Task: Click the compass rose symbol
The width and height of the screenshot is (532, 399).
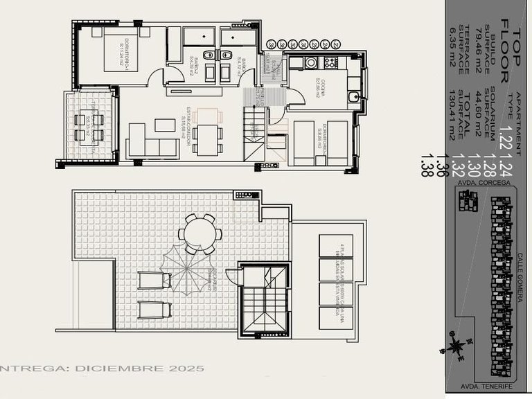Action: (x=457, y=345)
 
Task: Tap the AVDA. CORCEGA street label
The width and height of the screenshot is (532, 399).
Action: (x=484, y=183)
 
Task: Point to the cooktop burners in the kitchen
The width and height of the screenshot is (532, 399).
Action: (x=330, y=62)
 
